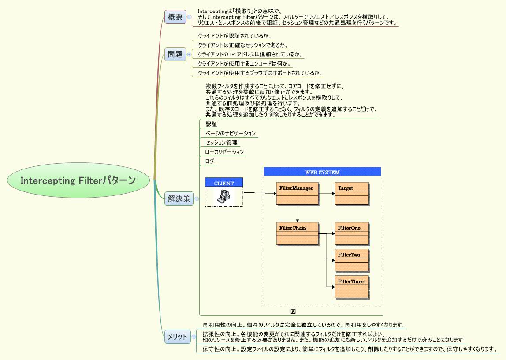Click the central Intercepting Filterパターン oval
(x=78, y=180)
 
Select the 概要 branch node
(x=175, y=17)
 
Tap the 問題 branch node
(x=175, y=54)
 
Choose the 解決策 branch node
(x=179, y=199)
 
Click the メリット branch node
(x=178, y=337)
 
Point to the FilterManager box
(x=298, y=193)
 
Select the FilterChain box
(x=298, y=234)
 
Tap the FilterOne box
(x=352, y=234)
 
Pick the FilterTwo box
(x=352, y=260)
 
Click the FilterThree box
(x=352, y=287)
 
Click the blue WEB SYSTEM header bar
(x=322, y=172)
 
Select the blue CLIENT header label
(x=224, y=183)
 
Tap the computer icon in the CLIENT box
(x=224, y=197)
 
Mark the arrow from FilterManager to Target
(x=327, y=193)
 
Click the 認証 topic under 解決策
(x=211, y=124)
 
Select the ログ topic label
(x=210, y=161)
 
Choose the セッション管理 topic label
(x=221, y=142)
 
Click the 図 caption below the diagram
(x=293, y=311)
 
